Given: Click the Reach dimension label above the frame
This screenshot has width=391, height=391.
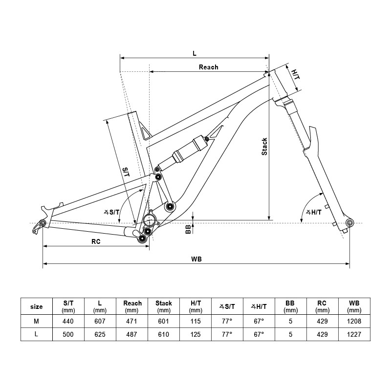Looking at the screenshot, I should click(x=208, y=67).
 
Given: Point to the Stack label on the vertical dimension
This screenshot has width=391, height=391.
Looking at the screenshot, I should click(x=264, y=147).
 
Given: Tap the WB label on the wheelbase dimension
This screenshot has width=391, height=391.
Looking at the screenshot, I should click(x=196, y=259).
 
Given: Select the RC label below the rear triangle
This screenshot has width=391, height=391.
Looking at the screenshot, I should click(x=96, y=241).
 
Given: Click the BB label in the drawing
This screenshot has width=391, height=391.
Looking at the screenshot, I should click(x=188, y=228).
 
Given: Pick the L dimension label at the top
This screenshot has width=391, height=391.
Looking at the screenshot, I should click(x=195, y=52).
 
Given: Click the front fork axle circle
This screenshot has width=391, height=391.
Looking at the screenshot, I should click(x=349, y=223).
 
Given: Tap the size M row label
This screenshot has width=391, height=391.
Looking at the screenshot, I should click(x=36, y=321).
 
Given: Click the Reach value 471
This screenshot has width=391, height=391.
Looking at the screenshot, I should click(x=132, y=321).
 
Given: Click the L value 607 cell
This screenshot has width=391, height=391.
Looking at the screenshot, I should click(x=100, y=321).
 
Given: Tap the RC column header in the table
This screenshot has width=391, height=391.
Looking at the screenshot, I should click(x=323, y=306).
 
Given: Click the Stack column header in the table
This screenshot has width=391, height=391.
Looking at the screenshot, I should click(x=164, y=306).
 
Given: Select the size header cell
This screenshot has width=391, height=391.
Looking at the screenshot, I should click(x=36, y=306).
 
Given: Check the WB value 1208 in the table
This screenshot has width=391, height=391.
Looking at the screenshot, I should click(x=354, y=321).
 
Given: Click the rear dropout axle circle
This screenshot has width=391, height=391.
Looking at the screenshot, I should click(x=43, y=223).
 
